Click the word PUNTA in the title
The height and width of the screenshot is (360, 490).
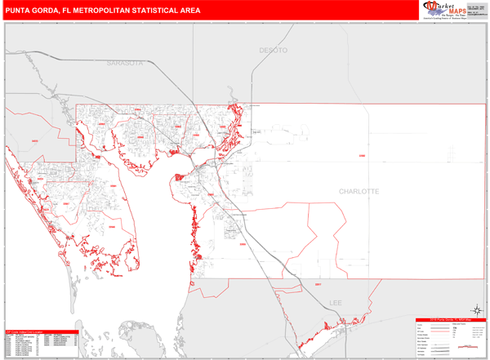tap(21, 11)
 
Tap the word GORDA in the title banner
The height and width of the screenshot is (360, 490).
tap(53, 11)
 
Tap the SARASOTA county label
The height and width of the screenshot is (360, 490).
tap(124, 63)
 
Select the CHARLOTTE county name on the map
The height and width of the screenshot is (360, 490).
tap(359, 191)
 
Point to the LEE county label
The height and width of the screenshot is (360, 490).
tap(336, 302)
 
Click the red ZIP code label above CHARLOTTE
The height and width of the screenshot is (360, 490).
tap(362, 154)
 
